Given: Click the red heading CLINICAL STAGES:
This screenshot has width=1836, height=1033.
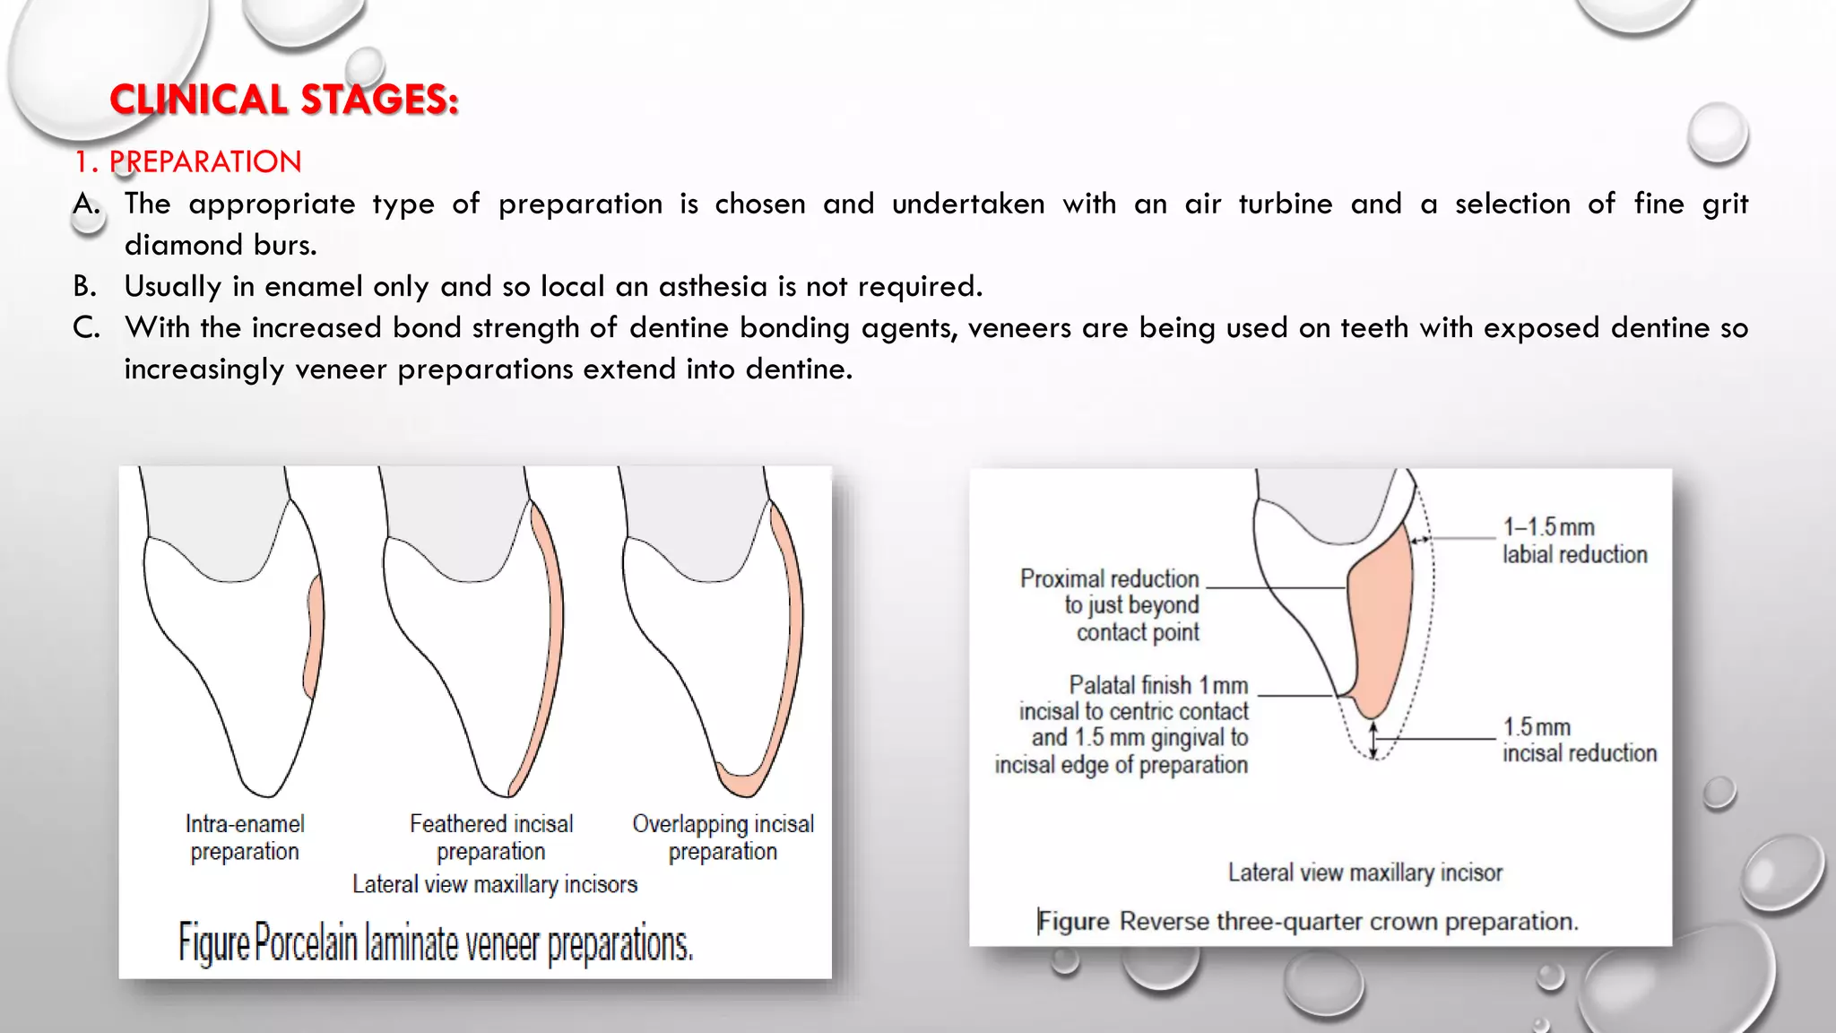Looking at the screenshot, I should [284, 100].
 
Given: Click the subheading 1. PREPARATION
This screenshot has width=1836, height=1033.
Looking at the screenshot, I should [188, 162].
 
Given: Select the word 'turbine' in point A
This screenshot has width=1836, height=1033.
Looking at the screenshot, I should [1285, 204].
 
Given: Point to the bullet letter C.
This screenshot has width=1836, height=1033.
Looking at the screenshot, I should [86, 328].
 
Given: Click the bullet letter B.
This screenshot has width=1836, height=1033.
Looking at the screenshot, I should [85, 287].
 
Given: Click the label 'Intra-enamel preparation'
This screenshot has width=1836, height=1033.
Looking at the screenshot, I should [245, 838].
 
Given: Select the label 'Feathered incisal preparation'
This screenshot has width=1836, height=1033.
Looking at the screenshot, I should [491, 838].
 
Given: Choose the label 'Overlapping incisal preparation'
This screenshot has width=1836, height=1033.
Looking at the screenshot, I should [723, 838].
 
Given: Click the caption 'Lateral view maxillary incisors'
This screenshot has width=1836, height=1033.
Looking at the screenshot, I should [495, 885].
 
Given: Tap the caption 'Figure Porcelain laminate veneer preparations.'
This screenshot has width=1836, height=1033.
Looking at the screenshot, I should [436, 943].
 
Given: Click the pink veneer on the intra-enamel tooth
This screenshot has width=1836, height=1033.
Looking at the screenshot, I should [314, 637].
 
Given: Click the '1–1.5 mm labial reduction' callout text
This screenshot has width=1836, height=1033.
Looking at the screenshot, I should [1574, 541].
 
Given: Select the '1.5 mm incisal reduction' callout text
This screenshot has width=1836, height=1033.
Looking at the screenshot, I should [1579, 740].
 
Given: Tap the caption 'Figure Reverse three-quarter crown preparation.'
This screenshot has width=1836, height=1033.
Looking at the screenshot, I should [1308, 922].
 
